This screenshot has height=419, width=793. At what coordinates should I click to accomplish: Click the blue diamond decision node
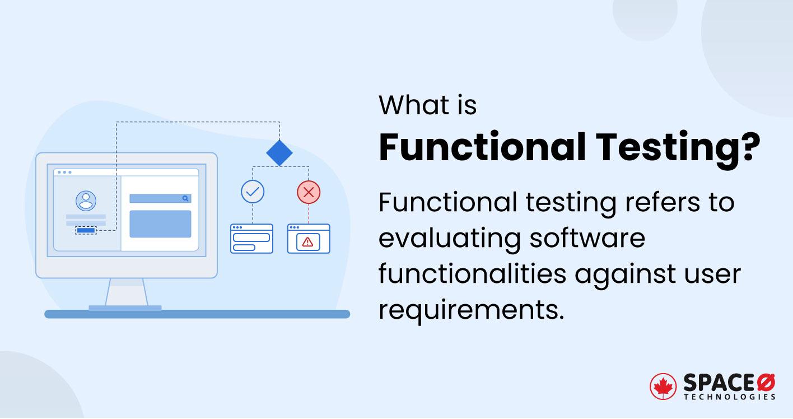(x=279, y=152)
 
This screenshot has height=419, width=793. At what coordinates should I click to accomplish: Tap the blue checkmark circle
(x=253, y=192)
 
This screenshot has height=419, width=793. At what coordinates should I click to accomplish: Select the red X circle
(x=308, y=192)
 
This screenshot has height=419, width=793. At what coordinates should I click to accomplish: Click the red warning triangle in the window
(x=307, y=242)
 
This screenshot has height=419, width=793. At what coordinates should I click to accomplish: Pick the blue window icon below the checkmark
(x=251, y=239)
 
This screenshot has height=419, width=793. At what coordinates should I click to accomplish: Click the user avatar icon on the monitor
(x=86, y=201)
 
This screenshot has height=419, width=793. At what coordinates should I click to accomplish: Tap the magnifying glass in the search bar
(x=185, y=198)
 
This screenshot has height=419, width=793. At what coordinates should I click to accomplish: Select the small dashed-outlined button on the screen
(x=86, y=230)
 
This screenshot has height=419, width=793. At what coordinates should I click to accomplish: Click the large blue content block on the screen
(x=160, y=224)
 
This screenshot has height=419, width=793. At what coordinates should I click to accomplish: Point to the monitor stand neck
(x=126, y=291)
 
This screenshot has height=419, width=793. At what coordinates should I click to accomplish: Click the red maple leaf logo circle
(x=663, y=386)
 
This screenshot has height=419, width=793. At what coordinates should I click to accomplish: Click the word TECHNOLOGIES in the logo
(x=730, y=397)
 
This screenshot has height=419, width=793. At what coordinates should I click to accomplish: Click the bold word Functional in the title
(x=482, y=148)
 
